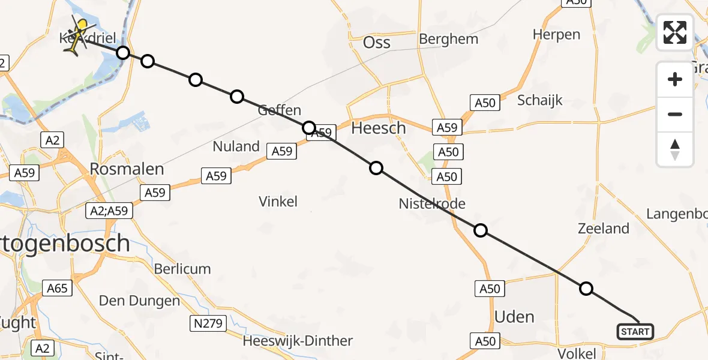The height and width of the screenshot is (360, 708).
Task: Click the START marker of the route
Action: (x=635, y=331)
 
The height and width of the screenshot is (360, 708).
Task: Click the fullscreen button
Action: (x=675, y=32)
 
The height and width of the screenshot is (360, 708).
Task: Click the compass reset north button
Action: (x=675, y=149)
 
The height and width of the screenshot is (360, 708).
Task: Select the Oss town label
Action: (x=377, y=43)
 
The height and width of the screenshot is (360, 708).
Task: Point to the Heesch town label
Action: (x=379, y=128)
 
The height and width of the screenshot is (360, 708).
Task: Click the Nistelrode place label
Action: (x=432, y=204)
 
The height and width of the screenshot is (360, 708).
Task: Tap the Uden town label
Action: (x=514, y=316)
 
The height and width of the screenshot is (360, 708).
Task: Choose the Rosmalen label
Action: (x=127, y=169)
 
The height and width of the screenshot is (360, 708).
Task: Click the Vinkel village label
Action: (x=278, y=202)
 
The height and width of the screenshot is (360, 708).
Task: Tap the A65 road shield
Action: (x=58, y=289)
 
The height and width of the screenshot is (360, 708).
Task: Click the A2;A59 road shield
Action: (x=109, y=210)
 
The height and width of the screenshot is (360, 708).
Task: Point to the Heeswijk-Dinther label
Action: (x=298, y=341)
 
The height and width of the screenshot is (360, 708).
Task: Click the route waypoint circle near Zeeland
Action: (x=586, y=289)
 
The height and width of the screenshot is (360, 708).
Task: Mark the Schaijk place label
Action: (x=540, y=100)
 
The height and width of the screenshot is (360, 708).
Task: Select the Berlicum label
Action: (x=182, y=269)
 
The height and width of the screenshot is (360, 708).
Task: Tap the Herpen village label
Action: (x=556, y=35)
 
